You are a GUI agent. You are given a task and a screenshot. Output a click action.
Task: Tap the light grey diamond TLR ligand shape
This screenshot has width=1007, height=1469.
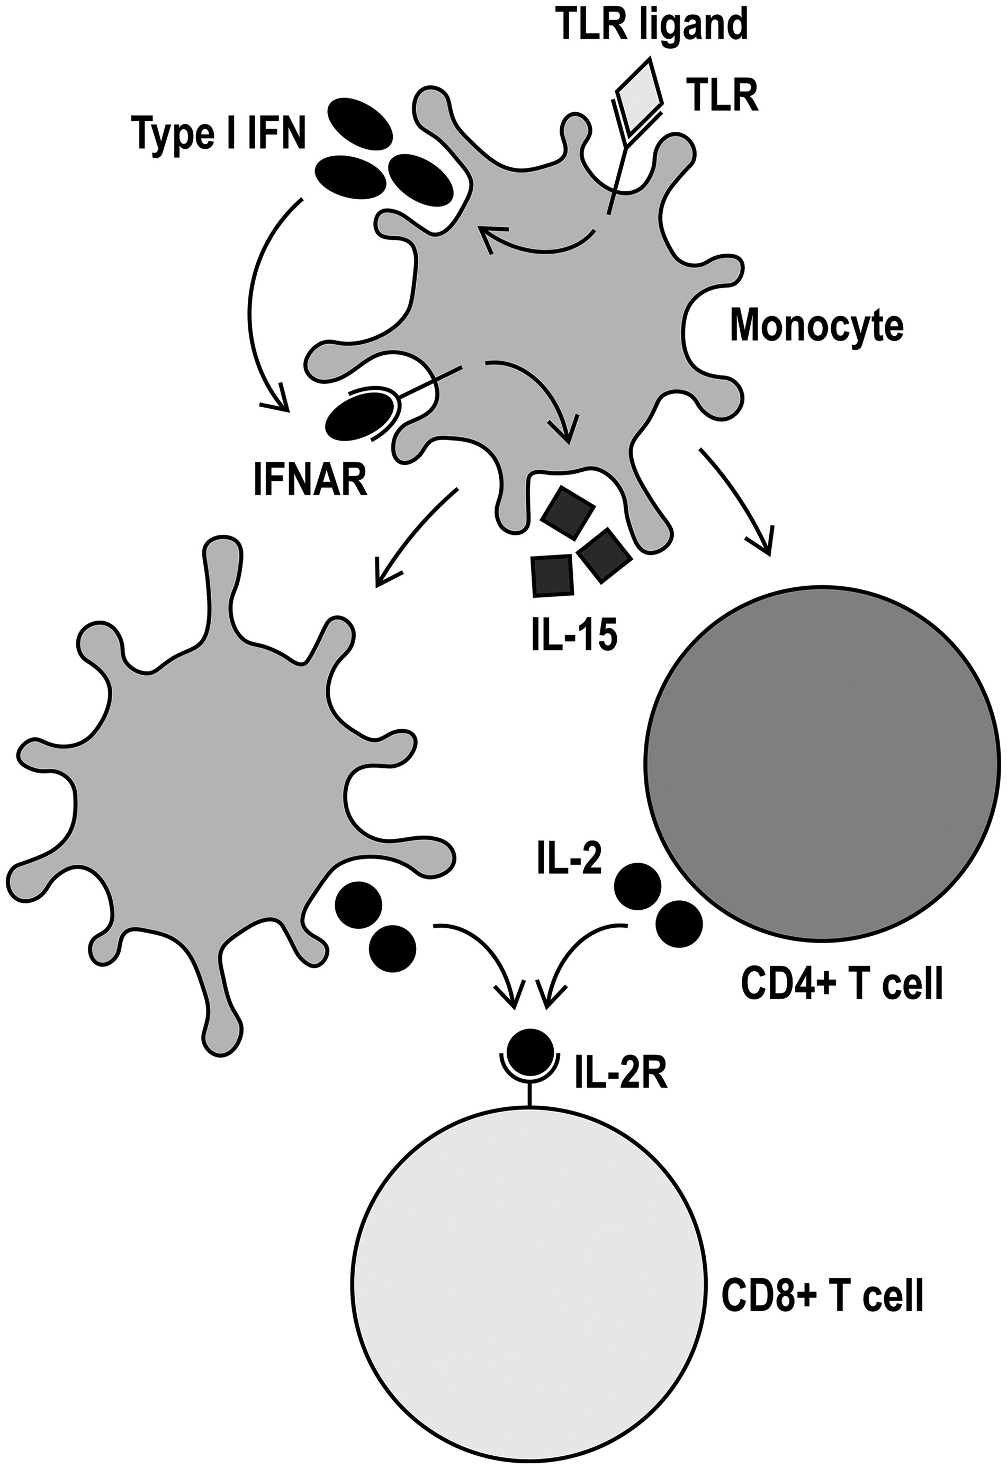640,88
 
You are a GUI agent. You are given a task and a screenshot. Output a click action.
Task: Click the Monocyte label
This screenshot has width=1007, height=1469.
817,326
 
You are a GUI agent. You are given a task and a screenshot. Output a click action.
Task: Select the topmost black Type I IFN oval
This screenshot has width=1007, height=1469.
359,124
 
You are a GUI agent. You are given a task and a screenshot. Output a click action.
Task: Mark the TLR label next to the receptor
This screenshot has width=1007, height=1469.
724,98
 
